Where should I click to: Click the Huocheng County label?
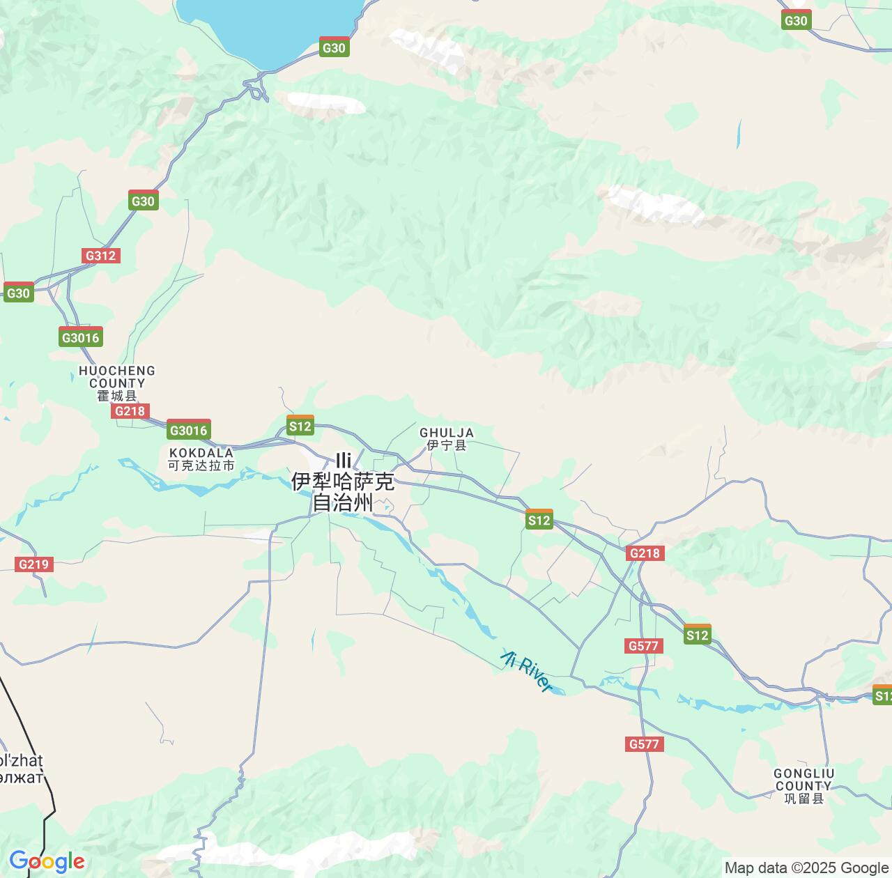click(117, 383)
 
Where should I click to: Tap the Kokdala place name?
click(201, 459)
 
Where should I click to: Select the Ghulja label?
click(447, 439)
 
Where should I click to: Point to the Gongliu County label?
click(803, 785)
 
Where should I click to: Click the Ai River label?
click(526, 670)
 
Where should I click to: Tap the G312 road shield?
click(100, 256)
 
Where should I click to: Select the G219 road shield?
click(33, 564)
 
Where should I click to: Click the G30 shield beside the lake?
click(334, 47)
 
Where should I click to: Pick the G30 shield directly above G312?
click(144, 201)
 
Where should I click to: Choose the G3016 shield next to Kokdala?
click(189, 431)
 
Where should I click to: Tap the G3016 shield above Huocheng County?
click(82, 337)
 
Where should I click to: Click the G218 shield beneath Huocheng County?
click(130, 411)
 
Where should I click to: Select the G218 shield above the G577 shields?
click(645, 553)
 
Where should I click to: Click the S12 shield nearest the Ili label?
click(300, 426)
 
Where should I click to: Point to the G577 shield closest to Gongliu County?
click(644, 744)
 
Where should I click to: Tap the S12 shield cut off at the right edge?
click(882, 695)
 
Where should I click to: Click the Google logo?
click(47, 862)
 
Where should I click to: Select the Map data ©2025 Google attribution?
click(806, 868)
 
